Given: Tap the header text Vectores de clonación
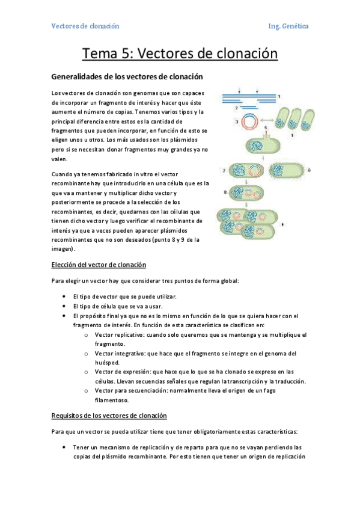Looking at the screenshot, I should (85, 26).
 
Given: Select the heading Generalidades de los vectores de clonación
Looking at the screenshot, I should (127, 76).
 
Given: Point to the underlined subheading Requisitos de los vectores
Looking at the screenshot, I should (109, 416).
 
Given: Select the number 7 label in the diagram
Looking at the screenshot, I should (224, 171).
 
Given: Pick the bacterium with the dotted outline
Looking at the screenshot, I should (287, 170).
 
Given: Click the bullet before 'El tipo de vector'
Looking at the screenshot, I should (64, 297).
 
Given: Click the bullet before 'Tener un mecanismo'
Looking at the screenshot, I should (64, 447).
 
